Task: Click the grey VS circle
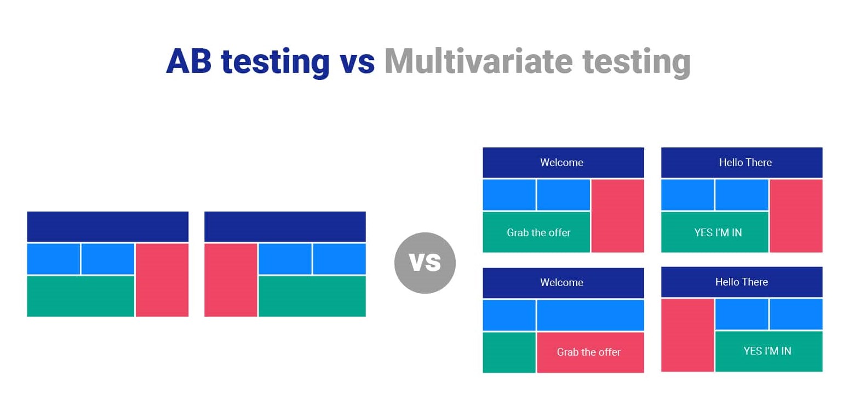[425, 263]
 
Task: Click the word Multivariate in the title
[478, 61]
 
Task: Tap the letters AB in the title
[188, 61]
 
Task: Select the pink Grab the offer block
[590, 352]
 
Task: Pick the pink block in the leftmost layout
[162, 279]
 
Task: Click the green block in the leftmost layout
[81, 296]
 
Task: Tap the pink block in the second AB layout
[231, 279]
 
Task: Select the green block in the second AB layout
[312, 296]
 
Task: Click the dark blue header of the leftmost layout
[108, 226]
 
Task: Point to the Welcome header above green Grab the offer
[563, 162]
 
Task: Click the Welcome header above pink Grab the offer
[563, 282]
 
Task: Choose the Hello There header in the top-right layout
[742, 162]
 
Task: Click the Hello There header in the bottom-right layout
[742, 282]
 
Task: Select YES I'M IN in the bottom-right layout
[769, 351]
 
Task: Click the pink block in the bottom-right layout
[687, 335]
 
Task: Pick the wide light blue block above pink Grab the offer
[590, 315]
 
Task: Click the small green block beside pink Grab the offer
[509, 352]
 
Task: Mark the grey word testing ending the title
[636, 61]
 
